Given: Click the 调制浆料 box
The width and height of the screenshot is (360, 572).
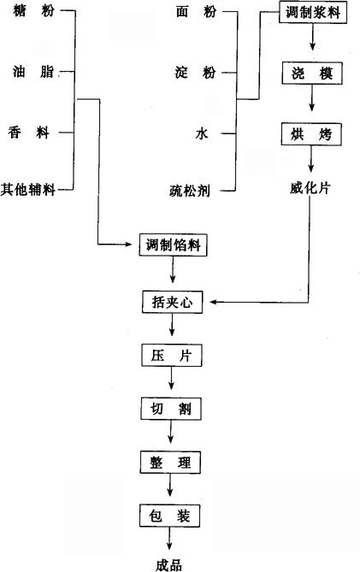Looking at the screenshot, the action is [x=313, y=12].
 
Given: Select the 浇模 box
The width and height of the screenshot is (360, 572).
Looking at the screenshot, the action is [x=312, y=74].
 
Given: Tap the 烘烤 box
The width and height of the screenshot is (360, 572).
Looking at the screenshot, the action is [x=311, y=134].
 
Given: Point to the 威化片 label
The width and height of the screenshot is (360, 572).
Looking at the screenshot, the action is [x=310, y=188].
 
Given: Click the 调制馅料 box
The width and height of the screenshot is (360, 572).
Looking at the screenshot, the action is [x=173, y=245].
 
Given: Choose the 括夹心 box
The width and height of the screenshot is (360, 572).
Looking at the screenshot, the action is [x=172, y=302].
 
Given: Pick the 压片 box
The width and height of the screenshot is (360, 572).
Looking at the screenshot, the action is [x=171, y=356].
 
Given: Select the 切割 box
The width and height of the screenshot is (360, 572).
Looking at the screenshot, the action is [x=171, y=409].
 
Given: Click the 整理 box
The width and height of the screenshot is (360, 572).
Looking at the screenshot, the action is [x=170, y=463].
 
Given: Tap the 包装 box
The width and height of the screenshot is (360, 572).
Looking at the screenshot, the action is [x=169, y=516].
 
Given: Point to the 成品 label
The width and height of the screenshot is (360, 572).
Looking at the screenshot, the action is [x=168, y=565].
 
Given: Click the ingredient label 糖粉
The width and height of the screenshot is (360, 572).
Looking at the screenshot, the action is [x=33, y=10].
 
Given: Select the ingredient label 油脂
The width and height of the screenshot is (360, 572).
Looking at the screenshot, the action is [x=32, y=71].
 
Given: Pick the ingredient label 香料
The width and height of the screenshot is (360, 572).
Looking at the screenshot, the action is [x=29, y=132].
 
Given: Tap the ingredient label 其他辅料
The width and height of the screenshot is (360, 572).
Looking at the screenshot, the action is [x=27, y=189].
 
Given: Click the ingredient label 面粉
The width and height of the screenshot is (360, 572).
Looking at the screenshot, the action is [x=196, y=12].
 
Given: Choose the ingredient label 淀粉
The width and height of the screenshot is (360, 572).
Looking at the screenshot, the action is [x=196, y=72].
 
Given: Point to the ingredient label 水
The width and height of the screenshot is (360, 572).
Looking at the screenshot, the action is [x=202, y=133].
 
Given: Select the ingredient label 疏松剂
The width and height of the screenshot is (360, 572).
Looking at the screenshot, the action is [x=190, y=191].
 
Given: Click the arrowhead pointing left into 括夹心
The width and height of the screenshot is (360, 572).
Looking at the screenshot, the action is [x=214, y=302].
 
